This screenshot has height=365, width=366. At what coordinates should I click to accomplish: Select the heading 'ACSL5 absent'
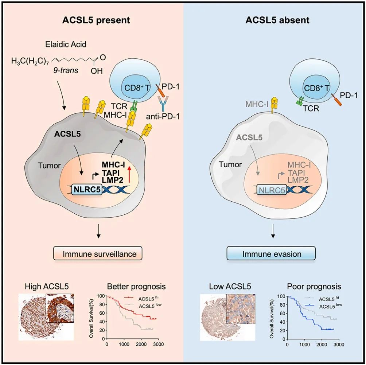274,20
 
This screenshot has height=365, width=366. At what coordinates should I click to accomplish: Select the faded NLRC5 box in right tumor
272,189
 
